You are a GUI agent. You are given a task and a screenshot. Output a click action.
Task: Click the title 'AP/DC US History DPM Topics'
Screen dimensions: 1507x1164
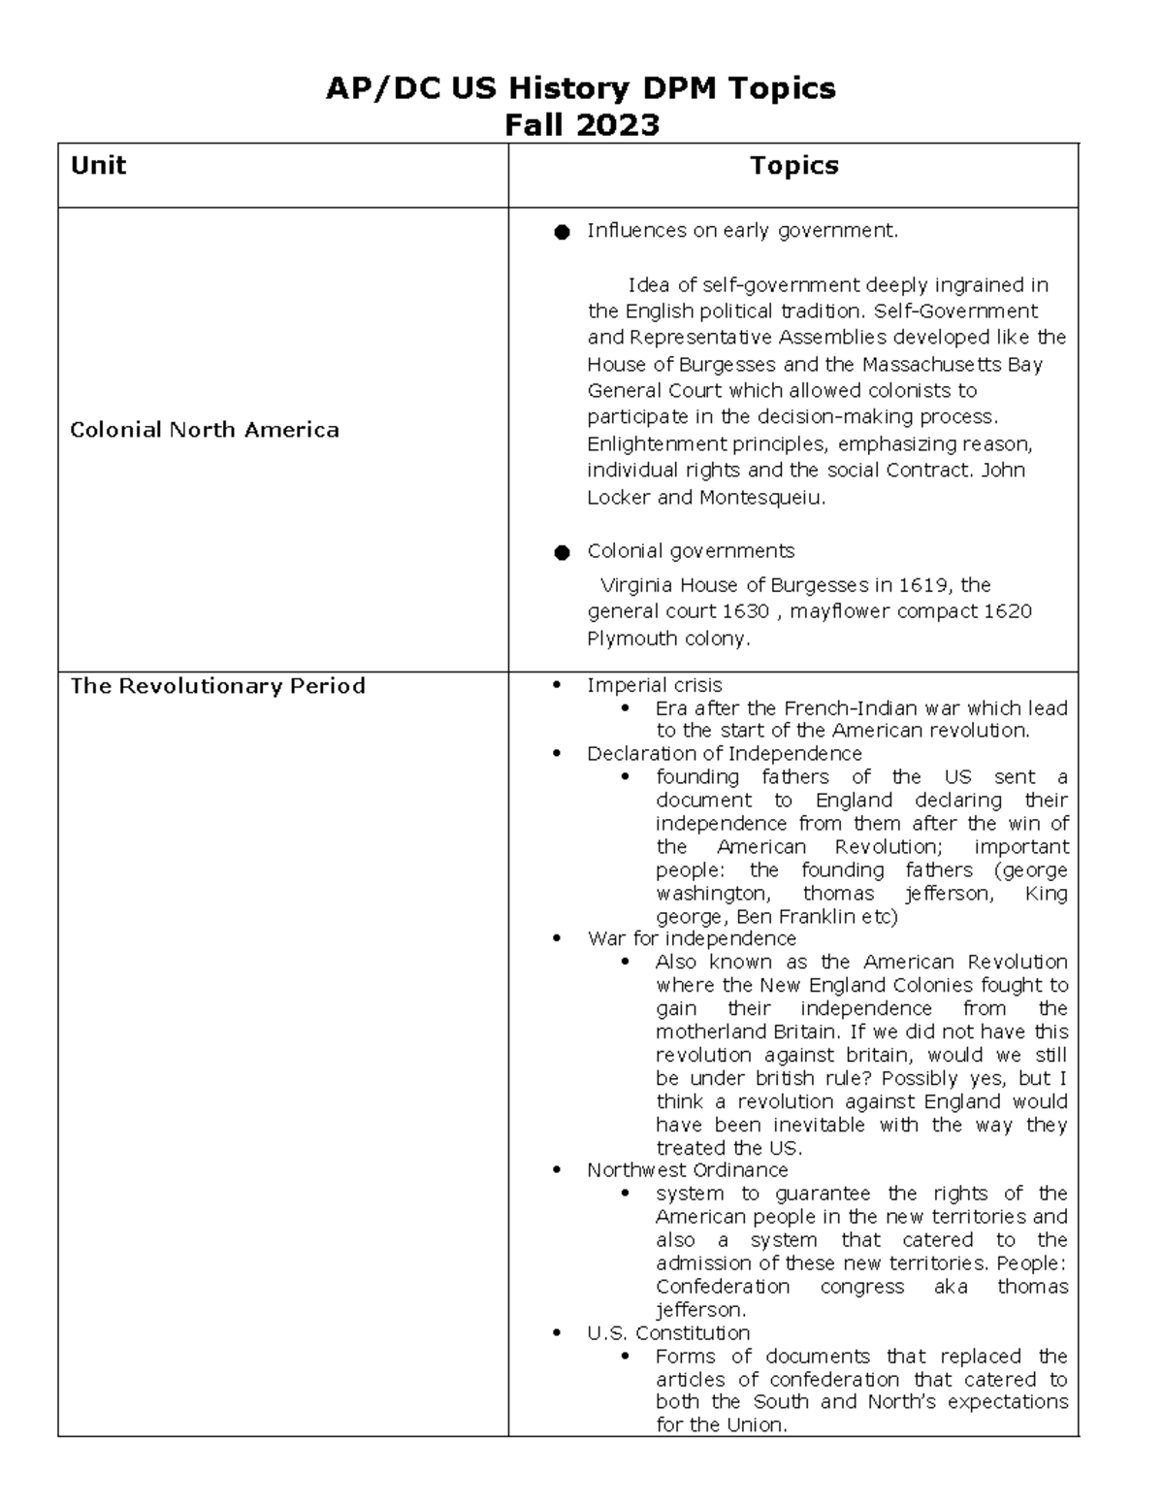[x=580, y=88]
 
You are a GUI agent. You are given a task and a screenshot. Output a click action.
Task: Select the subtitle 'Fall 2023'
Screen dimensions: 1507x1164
[x=582, y=124]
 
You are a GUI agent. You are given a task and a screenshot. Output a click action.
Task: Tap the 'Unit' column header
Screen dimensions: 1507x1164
[x=98, y=165]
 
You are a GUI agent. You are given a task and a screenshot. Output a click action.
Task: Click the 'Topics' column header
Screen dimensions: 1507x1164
[x=793, y=165]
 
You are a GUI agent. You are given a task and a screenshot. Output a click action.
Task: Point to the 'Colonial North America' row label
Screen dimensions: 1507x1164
[x=205, y=430]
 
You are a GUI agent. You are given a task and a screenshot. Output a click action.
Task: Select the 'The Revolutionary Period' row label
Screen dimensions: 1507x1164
[x=217, y=686]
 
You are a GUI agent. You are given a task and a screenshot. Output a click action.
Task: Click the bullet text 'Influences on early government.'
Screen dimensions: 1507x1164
[x=742, y=231]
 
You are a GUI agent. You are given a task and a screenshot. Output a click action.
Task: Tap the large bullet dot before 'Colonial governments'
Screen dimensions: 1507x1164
[x=561, y=552]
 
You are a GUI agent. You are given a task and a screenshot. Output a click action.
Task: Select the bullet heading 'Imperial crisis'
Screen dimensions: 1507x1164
[x=654, y=685]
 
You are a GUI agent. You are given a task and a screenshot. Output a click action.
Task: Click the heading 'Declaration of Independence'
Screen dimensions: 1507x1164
[x=724, y=754]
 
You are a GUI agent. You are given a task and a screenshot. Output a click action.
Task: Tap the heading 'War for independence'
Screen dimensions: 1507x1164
[x=691, y=938]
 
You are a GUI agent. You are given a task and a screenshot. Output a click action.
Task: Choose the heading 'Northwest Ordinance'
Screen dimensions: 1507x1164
[x=687, y=1170]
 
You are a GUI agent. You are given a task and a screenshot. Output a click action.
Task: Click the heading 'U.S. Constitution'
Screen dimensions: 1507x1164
[x=667, y=1333]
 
